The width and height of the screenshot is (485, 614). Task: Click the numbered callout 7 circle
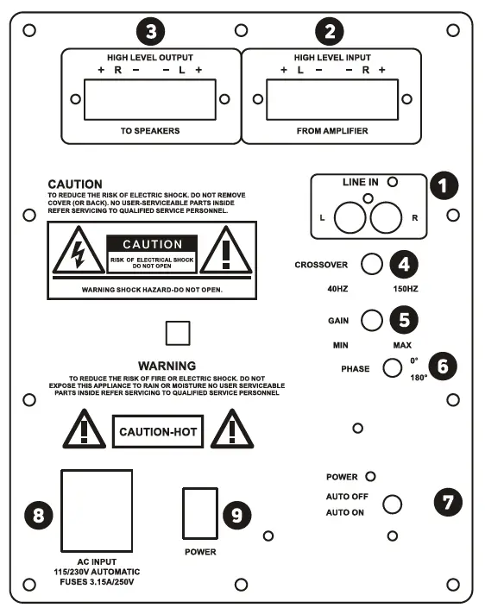pyautogui.click(x=446, y=503)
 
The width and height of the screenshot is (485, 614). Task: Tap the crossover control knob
pyautogui.click(x=371, y=265)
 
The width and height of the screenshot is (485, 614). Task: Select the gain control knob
pyautogui.click(x=371, y=320)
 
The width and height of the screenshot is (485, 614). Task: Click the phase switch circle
pyautogui.click(x=392, y=369)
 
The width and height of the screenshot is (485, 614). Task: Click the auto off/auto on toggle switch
pyautogui.click(x=392, y=505)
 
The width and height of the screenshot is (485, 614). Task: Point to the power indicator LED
pyautogui.click(x=371, y=476)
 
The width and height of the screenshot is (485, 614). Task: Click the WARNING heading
pyautogui.click(x=167, y=366)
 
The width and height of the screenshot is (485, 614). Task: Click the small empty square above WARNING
pyautogui.click(x=177, y=333)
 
